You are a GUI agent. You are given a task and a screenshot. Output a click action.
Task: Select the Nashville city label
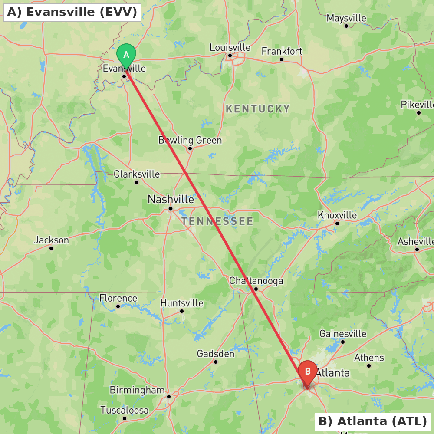click(171, 199)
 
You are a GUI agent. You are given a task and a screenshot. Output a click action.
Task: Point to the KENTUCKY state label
click(258, 109)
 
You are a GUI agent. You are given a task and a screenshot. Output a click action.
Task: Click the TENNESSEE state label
click(217, 221)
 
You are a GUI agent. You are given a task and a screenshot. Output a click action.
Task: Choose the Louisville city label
click(230, 47)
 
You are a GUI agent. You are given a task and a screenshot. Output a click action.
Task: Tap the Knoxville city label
click(337, 215)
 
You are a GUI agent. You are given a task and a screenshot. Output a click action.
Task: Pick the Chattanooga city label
click(256, 281)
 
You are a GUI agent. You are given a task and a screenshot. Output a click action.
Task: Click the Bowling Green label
click(190, 140)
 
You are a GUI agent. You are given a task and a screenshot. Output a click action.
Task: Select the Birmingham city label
click(137, 390)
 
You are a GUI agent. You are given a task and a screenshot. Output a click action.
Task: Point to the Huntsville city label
click(182, 303)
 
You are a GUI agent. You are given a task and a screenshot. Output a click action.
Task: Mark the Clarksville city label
click(137, 174)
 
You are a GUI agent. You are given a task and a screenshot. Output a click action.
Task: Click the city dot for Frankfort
click(282, 59)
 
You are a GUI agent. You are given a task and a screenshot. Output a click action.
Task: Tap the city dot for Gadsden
click(216, 362)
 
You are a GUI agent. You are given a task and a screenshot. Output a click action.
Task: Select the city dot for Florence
click(118, 306)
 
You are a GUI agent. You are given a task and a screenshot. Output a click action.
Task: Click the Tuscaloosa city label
click(125, 410)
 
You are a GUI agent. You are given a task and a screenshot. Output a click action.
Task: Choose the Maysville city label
click(346, 18)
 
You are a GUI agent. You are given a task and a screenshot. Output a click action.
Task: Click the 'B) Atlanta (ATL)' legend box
click(372, 421)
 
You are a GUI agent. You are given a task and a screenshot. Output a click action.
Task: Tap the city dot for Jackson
click(51, 248)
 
